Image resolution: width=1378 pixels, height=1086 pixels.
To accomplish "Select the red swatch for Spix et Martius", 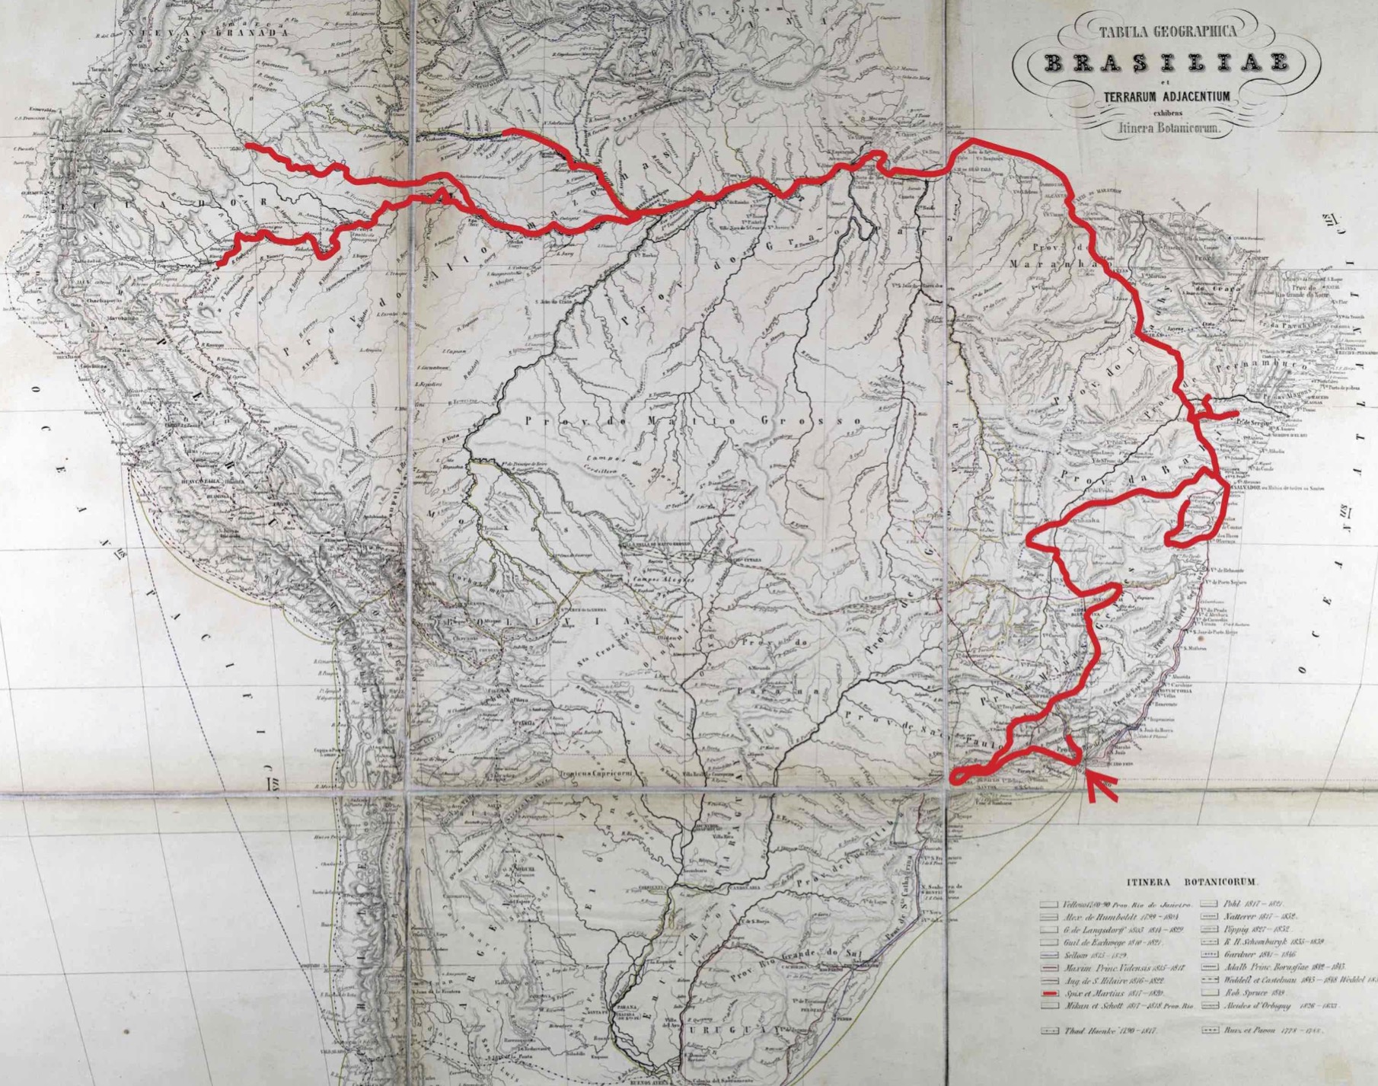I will point(1051,995).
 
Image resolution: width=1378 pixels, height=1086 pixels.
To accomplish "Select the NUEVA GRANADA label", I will point(211,34).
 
